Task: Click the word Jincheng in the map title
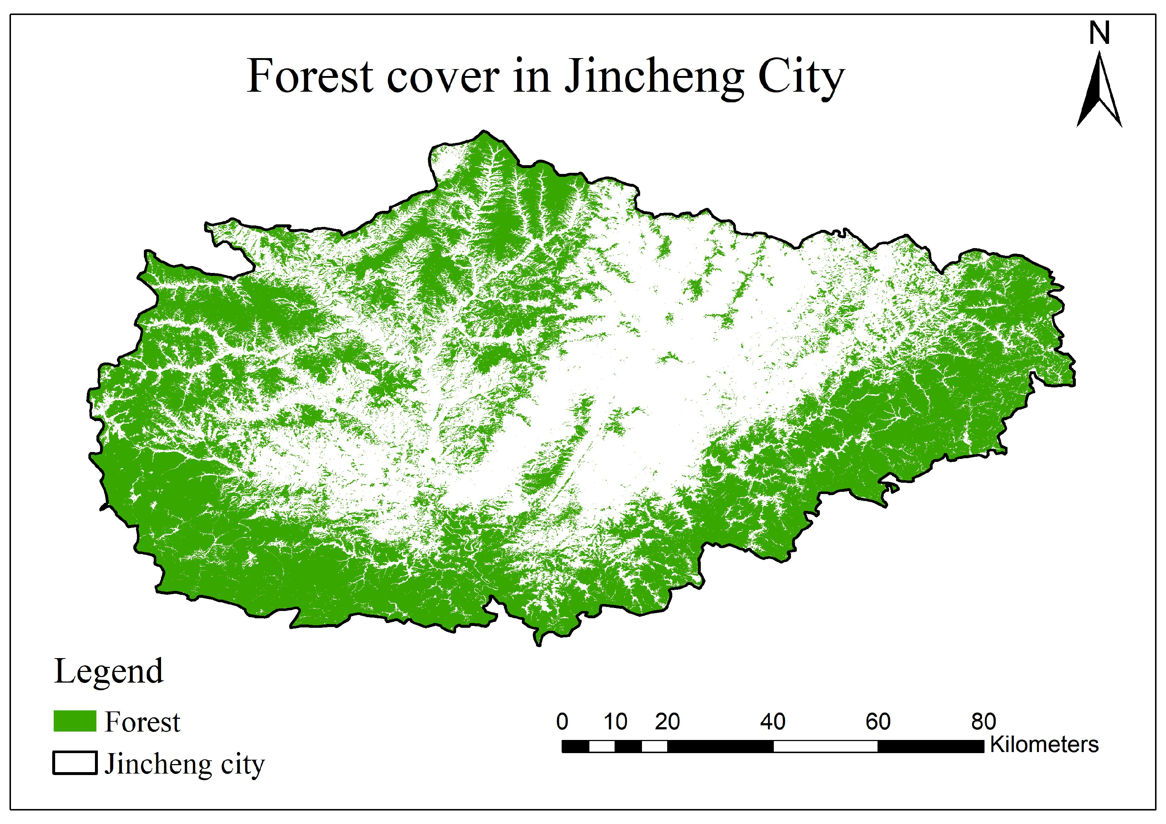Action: (x=654, y=77)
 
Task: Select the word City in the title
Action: (x=801, y=77)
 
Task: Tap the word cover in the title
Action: (x=443, y=77)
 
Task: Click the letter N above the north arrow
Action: (x=1100, y=34)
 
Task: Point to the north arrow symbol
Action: (x=1100, y=91)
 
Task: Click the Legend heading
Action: (x=109, y=672)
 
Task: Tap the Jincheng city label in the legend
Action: (x=184, y=764)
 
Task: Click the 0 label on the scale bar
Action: (x=562, y=721)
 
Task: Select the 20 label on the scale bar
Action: (x=667, y=721)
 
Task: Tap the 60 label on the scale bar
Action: (x=878, y=721)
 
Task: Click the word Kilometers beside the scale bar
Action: (x=1044, y=745)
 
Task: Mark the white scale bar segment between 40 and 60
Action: (x=825, y=746)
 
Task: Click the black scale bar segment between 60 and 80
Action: (x=930, y=746)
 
